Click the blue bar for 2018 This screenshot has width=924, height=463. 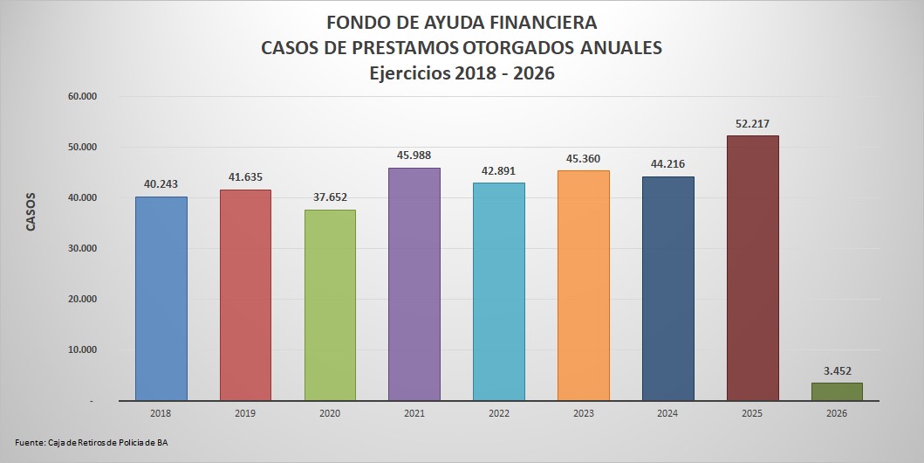coord(161,298)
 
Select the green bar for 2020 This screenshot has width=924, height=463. coord(330,305)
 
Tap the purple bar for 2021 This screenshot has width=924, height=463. coord(414,284)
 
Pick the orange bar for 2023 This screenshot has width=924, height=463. coord(584,285)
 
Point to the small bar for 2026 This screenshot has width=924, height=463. coord(837,391)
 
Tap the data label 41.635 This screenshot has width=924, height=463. coord(245,177)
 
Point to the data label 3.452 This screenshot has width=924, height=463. coord(837,370)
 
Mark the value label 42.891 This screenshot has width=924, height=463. coord(499,170)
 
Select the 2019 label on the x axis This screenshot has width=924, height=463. coord(245,413)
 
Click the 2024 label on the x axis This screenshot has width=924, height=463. coord(668,413)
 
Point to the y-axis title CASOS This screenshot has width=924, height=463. coord(31,211)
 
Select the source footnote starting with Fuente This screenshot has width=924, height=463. coord(92,443)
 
